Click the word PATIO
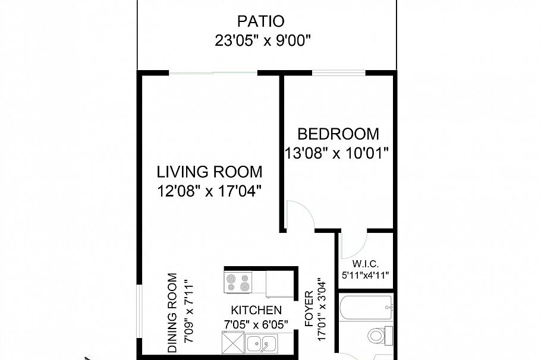pyautogui.click(x=260, y=22)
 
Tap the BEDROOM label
pyautogui.click(x=338, y=134)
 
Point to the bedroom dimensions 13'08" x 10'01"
pyautogui.click(x=336, y=153)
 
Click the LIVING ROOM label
pyautogui.click(x=209, y=172)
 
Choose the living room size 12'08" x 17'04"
pyautogui.click(x=209, y=192)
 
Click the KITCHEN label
pyautogui.click(x=256, y=310)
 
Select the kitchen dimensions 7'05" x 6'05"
pyautogui.click(x=256, y=324)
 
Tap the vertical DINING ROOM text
pyautogui.click(x=172, y=312)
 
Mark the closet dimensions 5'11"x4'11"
pyautogui.click(x=364, y=276)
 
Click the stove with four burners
pyautogui.click(x=238, y=281)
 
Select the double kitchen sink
pyautogui.click(x=261, y=344)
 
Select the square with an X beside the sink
pyautogui.click(x=232, y=344)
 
